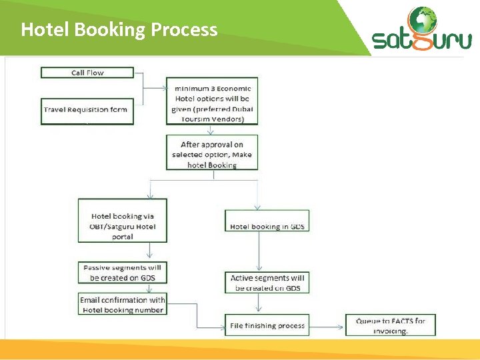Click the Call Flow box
(x=87, y=73)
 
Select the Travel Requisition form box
(x=87, y=111)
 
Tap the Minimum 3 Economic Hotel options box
(x=212, y=103)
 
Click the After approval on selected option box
(x=212, y=154)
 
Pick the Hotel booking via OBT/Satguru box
(x=123, y=225)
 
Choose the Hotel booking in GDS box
(x=267, y=226)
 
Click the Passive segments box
(x=122, y=273)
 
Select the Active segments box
(x=267, y=283)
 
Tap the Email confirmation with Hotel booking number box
(x=123, y=305)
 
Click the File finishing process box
(x=267, y=326)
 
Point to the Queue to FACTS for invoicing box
(x=391, y=325)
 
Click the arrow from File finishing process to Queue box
(x=327, y=325)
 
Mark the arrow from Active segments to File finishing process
(x=258, y=303)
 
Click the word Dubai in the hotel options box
(x=242, y=109)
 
